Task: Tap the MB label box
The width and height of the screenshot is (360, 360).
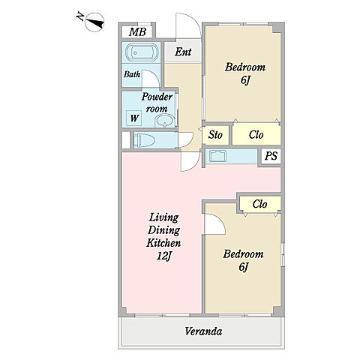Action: [x=137, y=31]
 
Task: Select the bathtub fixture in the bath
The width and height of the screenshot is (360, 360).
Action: [x=141, y=52]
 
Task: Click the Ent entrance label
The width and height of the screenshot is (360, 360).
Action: [x=183, y=52]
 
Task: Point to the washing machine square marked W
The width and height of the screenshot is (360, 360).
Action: [x=134, y=118]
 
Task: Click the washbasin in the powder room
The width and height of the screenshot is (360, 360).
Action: [x=165, y=121]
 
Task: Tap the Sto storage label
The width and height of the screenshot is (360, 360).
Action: [x=215, y=135]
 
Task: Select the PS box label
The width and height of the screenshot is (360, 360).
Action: [x=271, y=156]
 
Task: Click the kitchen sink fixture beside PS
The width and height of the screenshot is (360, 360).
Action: [x=217, y=157]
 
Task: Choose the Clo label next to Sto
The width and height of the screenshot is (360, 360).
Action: [x=256, y=135]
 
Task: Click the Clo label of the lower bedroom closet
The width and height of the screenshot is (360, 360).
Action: [x=259, y=204]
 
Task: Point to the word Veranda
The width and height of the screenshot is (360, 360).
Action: [x=203, y=331]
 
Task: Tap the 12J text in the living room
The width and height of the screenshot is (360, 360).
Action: [x=164, y=256]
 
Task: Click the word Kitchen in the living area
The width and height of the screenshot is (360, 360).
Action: [x=163, y=243]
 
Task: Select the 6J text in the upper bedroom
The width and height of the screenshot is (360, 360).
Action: [x=245, y=80]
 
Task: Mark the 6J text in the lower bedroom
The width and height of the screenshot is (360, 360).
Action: [x=243, y=267]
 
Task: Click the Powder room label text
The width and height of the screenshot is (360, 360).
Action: [x=157, y=103]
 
